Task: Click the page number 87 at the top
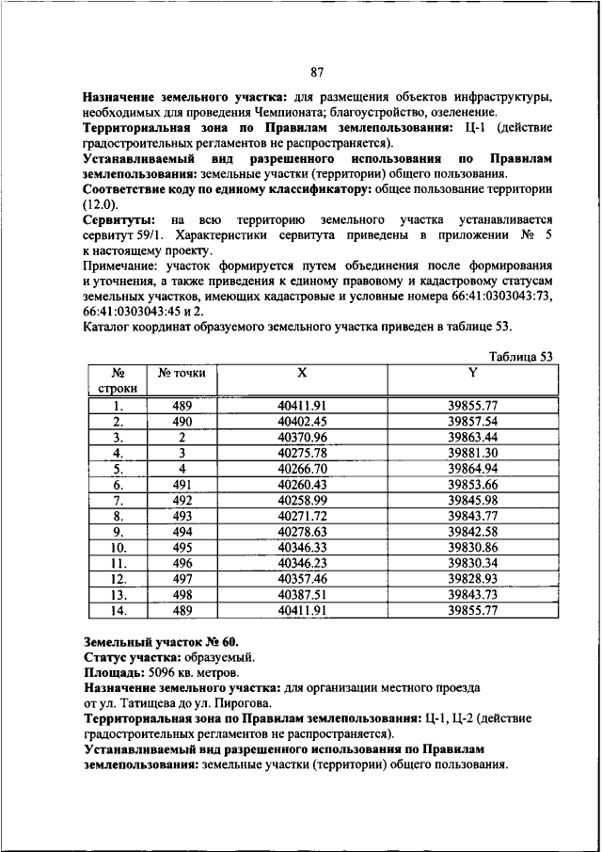(316, 73)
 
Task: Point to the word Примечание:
(121, 266)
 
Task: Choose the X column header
(302, 373)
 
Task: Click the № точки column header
(182, 374)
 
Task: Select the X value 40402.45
(302, 422)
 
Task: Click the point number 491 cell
(182, 484)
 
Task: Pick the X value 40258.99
(302, 500)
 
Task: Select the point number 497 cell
(182, 578)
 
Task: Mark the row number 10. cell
(119, 547)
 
